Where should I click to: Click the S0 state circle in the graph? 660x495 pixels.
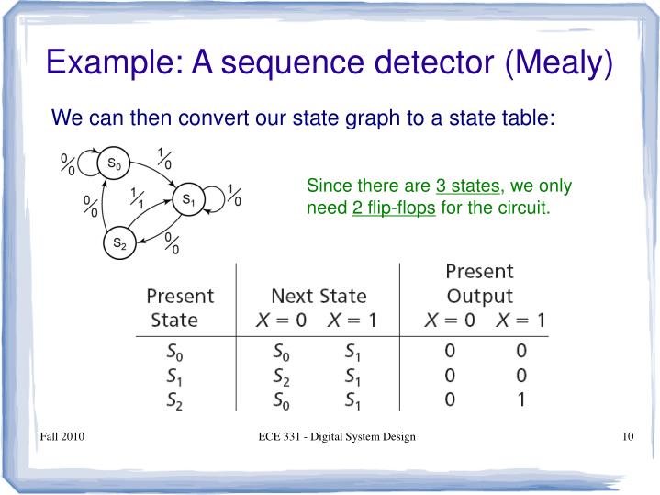tap(113, 164)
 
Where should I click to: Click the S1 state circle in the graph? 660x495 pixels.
tap(187, 199)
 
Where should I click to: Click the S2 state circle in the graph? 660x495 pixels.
tap(119, 243)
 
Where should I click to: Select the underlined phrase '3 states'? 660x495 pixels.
tap(468, 186)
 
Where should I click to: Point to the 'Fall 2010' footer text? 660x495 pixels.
tap(62, 436)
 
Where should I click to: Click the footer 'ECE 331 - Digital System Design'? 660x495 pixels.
tap(338, 436)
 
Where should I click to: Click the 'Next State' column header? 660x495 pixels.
tap(319, 297)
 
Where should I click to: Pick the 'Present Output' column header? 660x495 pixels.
tap(479, 284)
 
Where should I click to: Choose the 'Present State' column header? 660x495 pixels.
tap(180, 309)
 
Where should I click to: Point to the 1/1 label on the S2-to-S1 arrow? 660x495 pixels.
tap(138, 198)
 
